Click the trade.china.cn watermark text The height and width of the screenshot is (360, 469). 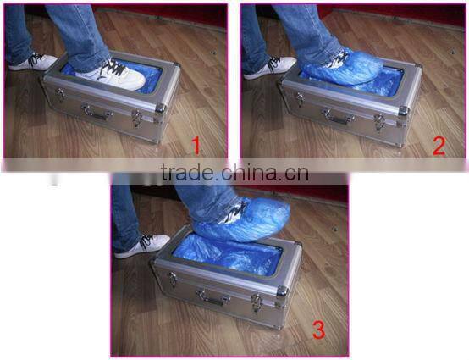(x=234, y=174)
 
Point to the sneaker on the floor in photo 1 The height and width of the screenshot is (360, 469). (x=32, y=62)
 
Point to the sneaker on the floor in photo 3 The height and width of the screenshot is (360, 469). (x=142, y=246)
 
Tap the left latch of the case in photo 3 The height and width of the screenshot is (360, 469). (x=171, y=279)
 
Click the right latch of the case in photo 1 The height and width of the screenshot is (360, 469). (x=137, y=119)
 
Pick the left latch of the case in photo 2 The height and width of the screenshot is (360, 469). (x=300, y=101)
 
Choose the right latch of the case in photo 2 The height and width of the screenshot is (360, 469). (x=378, y=122)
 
